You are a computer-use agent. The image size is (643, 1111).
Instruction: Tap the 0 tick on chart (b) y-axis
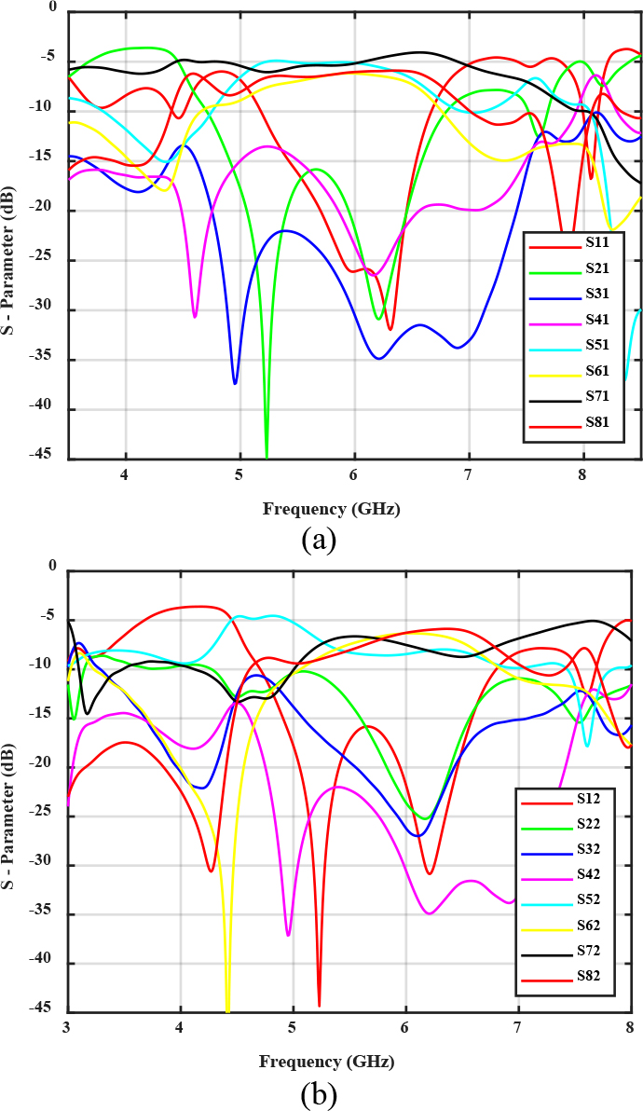(x=52, y=566)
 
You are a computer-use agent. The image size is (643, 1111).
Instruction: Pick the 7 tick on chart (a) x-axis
(x=469, y=473)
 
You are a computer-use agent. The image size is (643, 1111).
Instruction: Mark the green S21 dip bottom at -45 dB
(x=267, y=455)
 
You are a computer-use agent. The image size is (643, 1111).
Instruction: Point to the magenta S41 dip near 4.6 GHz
(x=195, y=316)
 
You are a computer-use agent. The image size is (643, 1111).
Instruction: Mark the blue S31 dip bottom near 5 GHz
(x=235, y=382)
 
